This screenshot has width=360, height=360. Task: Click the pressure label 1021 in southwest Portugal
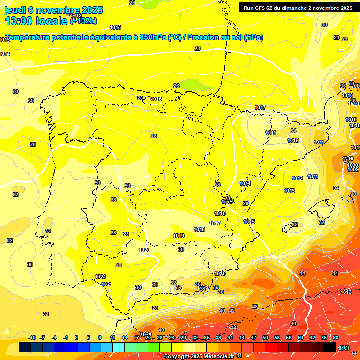(106, 284)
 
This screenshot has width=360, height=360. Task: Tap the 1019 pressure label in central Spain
(178, 236)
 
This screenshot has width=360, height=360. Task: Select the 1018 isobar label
(199, 229)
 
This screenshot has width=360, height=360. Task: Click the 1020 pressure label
(144, 250)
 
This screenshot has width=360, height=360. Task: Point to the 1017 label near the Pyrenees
(260, 108)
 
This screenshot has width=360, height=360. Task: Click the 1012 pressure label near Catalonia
(297, 178)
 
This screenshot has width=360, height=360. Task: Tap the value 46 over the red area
(293, 323)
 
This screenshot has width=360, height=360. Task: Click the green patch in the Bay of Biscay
(195, 85)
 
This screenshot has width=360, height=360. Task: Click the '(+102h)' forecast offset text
(83, 21)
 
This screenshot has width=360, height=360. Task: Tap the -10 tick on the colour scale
(32, 337)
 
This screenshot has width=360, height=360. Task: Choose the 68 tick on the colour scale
(336, 337)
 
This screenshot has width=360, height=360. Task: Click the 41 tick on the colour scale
(230, 337)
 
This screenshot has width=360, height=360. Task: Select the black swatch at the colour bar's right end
(330, 347)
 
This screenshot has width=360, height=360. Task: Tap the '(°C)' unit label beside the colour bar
(344, 348)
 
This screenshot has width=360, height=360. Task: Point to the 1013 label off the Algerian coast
(346, 292)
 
